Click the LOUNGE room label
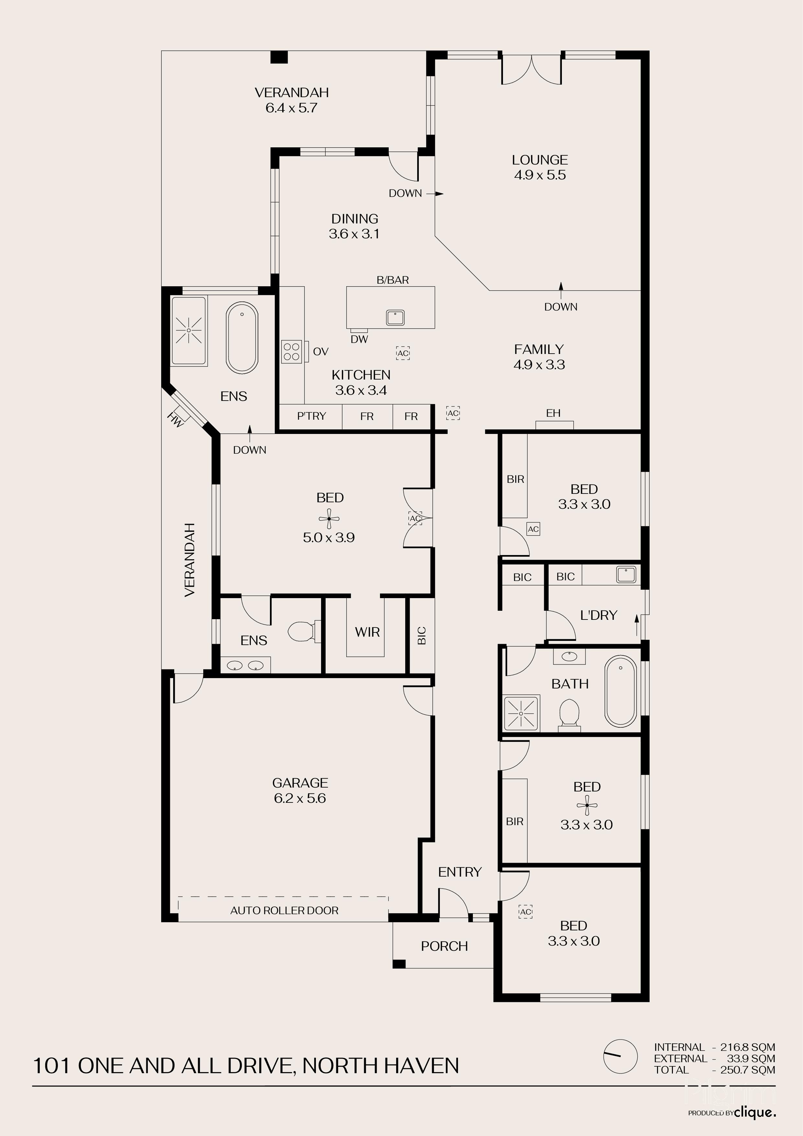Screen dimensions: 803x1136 coord(540,160)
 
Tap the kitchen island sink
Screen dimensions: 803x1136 coord(396,318)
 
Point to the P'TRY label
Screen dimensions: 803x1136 coord(311,416)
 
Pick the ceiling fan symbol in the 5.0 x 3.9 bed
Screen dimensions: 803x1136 coord(329,518)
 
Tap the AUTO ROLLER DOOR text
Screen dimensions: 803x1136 coord(284,910)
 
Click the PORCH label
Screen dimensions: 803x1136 coord(444,946)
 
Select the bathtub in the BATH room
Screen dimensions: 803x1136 coord(620,691)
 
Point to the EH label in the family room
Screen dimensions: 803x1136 coord(553,413)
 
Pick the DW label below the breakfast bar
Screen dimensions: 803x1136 coord(360,339)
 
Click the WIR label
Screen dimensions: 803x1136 coord(367,632)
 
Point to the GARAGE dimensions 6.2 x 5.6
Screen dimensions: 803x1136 coord(300,798)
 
